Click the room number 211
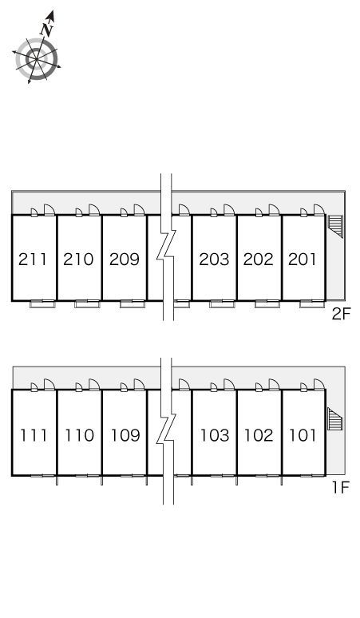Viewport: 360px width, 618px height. pos(33,259)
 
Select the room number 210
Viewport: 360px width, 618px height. pos(78,259)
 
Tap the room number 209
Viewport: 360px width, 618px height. pos(125,259)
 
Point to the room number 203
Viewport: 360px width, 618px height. pos(214,259)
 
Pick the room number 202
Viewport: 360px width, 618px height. pos(259,259)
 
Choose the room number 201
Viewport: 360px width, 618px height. pos(302,259)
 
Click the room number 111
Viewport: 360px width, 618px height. pos(34,435)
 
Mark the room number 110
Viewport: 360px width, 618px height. pos(80,435)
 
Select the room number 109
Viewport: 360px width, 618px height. pos(125,435)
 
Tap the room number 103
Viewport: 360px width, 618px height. pos(215,435)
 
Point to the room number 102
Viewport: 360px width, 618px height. pos(259,435)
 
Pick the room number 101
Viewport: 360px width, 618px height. pos(303,435)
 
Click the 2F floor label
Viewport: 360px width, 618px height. pos(341,314)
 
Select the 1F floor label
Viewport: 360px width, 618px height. pos(341,488)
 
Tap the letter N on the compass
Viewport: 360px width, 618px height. pos(46,30)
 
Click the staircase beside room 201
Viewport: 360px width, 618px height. pos(335,226)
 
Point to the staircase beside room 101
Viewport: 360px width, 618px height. pos(335,419)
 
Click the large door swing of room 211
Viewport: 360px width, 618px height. pos(49,210)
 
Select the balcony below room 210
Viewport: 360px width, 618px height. pos(87,304)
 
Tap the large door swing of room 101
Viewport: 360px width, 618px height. pos(319,385)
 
